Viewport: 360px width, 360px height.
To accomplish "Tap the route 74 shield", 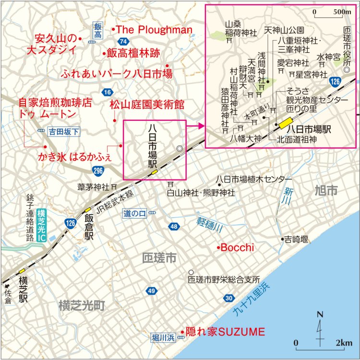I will click(x=123, y=41).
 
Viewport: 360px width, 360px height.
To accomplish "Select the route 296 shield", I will click(x=98, y=171).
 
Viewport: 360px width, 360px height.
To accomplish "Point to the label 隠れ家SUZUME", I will click(x=225, y=331).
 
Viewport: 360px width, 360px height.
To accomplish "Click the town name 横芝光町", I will click(x=82, y=305).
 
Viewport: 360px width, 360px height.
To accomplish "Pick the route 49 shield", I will click(x=152, y=291).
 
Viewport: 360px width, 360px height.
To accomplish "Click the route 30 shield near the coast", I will click(x=228, y=299).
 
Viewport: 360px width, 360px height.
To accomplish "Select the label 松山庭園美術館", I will click(x=147, y=105).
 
